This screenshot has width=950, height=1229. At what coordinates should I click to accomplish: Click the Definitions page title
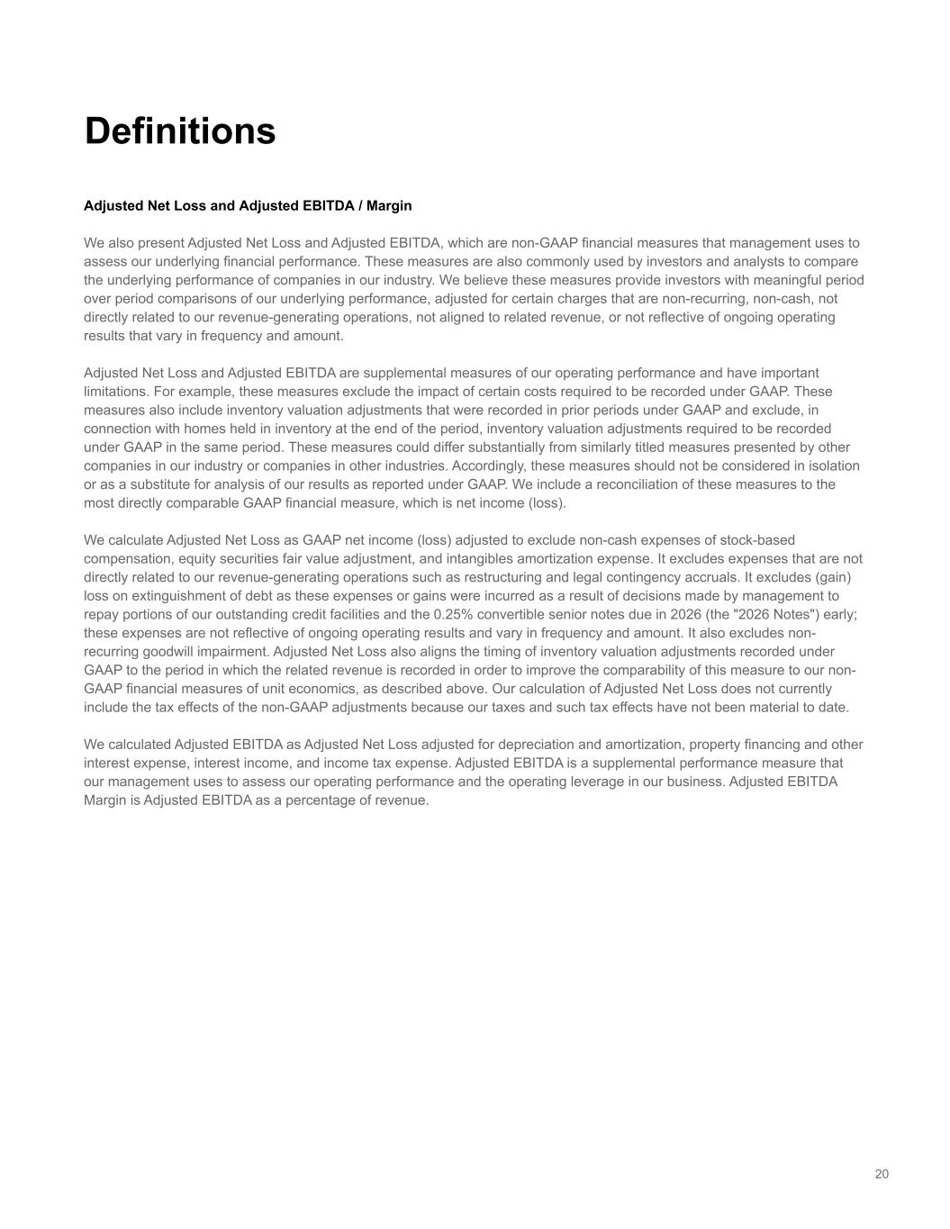coord(180,131)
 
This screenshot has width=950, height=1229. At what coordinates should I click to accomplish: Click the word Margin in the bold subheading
coord(389,205)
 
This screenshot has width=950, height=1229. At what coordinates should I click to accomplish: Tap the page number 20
coord(882,1173)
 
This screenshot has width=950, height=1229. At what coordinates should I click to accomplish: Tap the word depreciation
coord(496,745)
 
